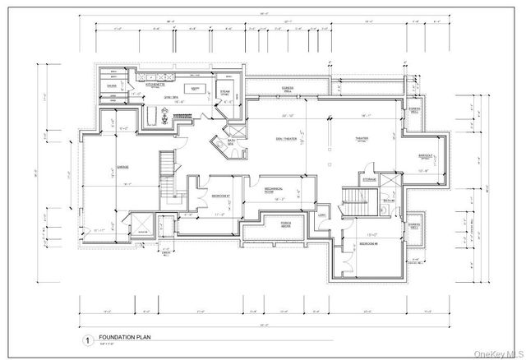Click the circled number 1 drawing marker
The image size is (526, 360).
(x=85, y=339)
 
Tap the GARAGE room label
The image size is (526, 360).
(x=104, y=167)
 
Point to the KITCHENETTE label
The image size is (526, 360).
(x=156, y=83)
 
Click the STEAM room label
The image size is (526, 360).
(x=224, y=92)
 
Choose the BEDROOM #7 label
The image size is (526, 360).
(x=219, y=197)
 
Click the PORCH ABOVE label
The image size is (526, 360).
(x=288, y=223)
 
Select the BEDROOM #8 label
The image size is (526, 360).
(x=367, y=244)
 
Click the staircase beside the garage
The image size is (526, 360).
(x=169, y=164)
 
